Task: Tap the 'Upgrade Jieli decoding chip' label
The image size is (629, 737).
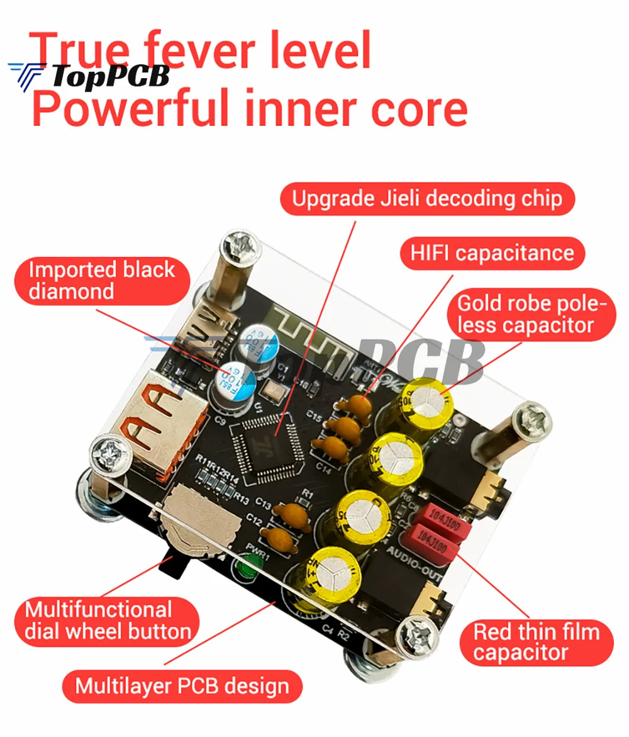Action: [426, 199]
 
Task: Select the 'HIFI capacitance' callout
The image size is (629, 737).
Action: [492, 253]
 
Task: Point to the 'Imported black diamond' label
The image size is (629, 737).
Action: [101, 281]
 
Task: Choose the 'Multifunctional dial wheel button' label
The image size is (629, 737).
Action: [108, 621]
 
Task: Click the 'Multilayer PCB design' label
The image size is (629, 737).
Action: [182, 685]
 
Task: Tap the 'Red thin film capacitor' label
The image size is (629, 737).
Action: [536, 642]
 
